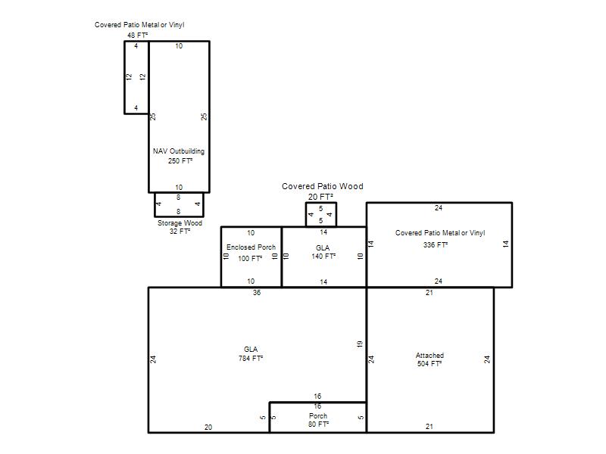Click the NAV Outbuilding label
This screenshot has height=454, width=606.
click(179, 151)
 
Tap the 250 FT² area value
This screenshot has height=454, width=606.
click(180, 160)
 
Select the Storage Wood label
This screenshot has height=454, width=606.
click(180, 223)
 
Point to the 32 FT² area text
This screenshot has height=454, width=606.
click(180, 232)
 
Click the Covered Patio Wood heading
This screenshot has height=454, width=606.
click(323, 186)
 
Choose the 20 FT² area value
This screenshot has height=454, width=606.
click(320, 197)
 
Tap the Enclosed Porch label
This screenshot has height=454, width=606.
click(251, 247)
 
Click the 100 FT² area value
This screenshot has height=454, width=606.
click(250, 258)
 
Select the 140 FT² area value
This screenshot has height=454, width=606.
click(323, 256)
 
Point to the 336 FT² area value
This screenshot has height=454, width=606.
click(436, 244)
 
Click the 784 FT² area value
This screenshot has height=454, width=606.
click(251, 358)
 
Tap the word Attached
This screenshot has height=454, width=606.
click(430, 355)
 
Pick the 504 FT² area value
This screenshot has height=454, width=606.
click(430, 364)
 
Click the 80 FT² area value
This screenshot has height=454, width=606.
click(318, 424)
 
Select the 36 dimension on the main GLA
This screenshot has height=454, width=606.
click(257, 293)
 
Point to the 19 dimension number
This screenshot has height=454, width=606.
click(360, 344)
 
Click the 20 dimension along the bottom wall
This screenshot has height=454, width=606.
click(208, 427)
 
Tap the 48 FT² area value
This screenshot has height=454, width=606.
click(138, 35)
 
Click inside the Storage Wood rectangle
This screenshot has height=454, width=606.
click(179, 204)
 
